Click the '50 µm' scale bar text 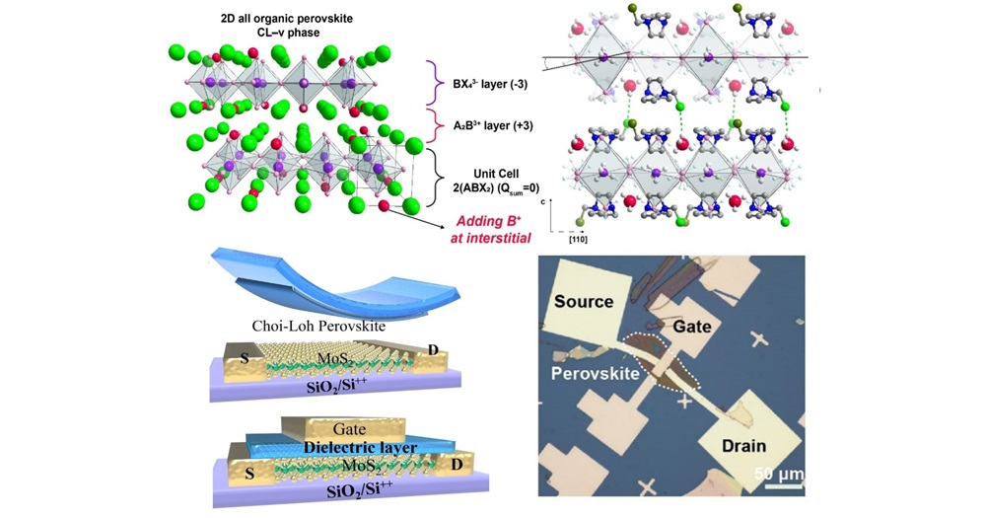pyautogui.click(x=779, y=475)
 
